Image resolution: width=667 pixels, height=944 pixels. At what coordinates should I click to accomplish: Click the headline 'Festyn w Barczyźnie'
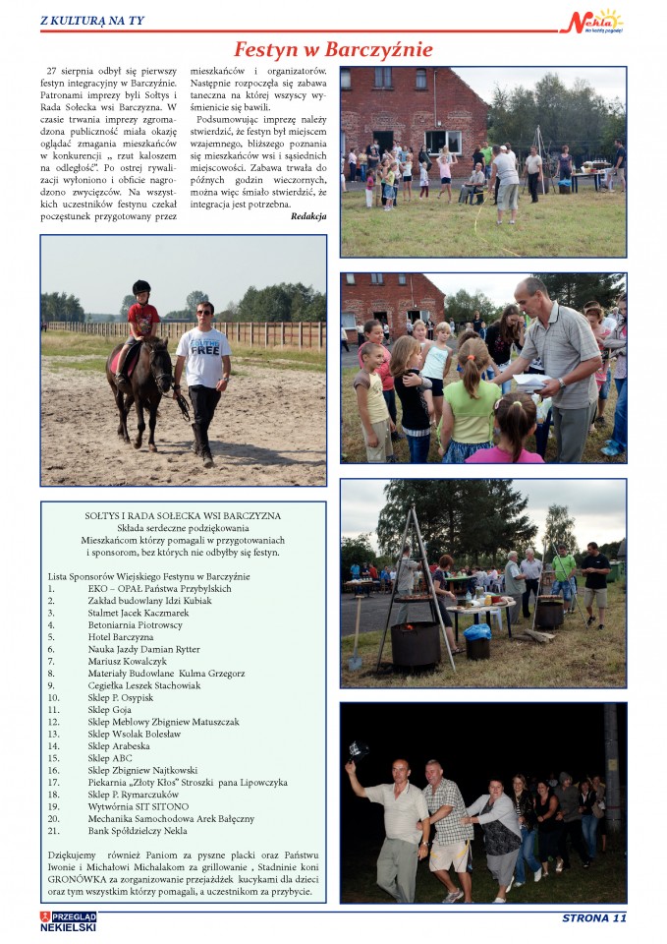point(333,49)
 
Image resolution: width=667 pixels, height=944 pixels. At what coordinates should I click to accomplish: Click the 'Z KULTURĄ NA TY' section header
point(91,20)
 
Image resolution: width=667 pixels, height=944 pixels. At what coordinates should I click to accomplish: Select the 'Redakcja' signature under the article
point(308,215)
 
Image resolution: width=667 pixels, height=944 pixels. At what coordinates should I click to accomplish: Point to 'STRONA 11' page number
point(593,918)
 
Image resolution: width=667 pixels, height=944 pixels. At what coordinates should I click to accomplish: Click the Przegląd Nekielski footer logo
point(69,921)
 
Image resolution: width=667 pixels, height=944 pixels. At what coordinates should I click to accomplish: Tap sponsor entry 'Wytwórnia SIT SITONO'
point(136,806)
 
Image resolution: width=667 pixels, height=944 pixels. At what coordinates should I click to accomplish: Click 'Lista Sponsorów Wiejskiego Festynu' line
point(148,575)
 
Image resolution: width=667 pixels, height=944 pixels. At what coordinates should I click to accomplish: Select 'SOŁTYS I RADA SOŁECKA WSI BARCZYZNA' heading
point(183,515)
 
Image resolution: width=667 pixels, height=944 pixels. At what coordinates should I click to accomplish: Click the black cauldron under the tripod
point(416,644)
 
